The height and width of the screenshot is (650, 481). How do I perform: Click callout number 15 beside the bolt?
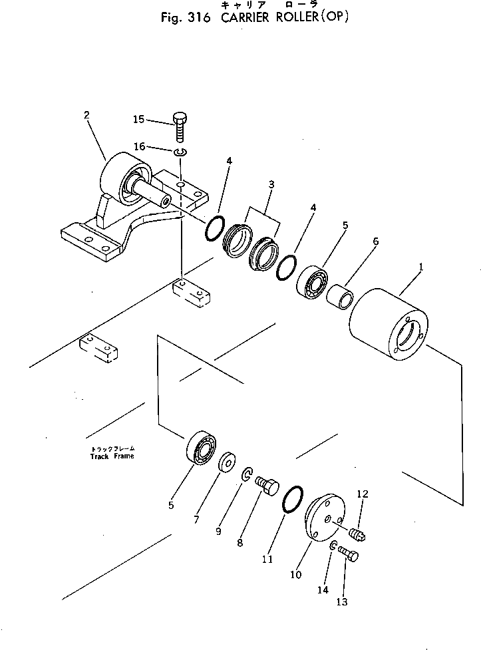(138, 120)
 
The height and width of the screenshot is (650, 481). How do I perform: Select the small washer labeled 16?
(181, 154)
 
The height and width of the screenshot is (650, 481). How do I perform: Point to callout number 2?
(86, 114)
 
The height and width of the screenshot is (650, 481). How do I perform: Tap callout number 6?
(375, 242)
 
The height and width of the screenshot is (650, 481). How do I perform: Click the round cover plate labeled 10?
(322, 518)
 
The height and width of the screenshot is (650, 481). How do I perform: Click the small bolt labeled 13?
(347, 552)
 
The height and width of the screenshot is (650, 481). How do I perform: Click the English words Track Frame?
(112, 456)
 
